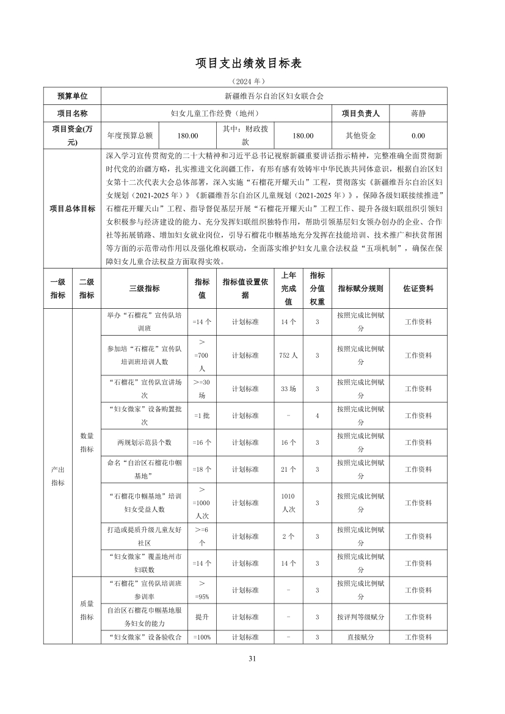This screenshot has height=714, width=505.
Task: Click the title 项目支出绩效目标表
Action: (252, 63)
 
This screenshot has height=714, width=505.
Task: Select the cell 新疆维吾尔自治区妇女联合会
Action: (274, 96)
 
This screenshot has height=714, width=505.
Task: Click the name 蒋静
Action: (418, 114)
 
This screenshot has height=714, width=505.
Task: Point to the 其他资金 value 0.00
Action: (418, 136)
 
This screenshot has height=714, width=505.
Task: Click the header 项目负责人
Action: (360, 114)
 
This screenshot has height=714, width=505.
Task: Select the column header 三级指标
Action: (144, 289)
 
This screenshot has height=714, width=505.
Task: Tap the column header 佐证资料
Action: (418, 289)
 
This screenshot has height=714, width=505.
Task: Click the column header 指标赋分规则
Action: (360, 289)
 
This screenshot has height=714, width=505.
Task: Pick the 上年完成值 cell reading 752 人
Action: (288, 355)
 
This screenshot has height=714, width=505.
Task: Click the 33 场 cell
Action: (288, 389)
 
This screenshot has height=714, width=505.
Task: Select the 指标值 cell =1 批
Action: (202, 416)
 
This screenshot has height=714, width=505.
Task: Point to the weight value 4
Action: (318, 416)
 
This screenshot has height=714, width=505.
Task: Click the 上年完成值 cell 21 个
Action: (288, 469)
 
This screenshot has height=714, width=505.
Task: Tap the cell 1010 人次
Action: (288, 503)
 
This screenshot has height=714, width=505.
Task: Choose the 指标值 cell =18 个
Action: (202, 469)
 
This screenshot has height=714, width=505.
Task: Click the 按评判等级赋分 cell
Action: (360, 617)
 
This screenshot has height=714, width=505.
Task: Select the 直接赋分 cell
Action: (360, 637)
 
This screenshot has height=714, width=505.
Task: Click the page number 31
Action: (252, 658)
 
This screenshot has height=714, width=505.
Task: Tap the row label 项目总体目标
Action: (72, 209)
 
